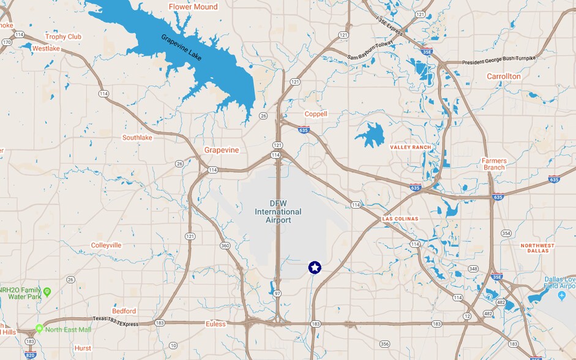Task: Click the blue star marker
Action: click(x=315, y=268)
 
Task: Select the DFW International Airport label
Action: click(x=278, y=212)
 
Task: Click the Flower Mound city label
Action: click(x=193, y=7)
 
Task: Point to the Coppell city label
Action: click(x=316, y=114)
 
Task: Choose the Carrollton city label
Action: click(x=504, y=77)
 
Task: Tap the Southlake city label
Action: click(x=137, y=138)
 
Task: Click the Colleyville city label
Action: click(x=106, y=245)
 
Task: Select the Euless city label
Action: click(x=215, y=324)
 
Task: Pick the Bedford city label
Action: click(x=124, y=311)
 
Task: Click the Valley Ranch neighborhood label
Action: click(x=411, y=148)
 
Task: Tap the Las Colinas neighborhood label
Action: click(x=400, y=219)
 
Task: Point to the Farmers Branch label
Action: click(x=493, y=164)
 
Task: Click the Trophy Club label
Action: click(x=63, y=37)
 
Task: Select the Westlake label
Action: click(x=46, y=48)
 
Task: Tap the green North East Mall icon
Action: click(x=40, y=329)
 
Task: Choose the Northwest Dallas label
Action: click(x=537, y=248)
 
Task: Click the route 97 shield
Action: click(x=277, y=294)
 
